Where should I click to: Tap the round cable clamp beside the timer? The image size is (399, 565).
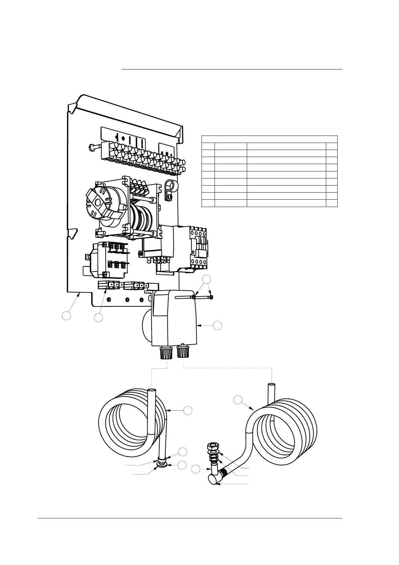click(170, 186)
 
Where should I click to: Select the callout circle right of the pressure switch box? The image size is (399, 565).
click(218, 325)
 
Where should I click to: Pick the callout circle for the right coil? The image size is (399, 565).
click(238, 399)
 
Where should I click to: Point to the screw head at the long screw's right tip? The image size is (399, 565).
click(212, 297)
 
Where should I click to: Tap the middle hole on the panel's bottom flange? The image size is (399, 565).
click(127, 300)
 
